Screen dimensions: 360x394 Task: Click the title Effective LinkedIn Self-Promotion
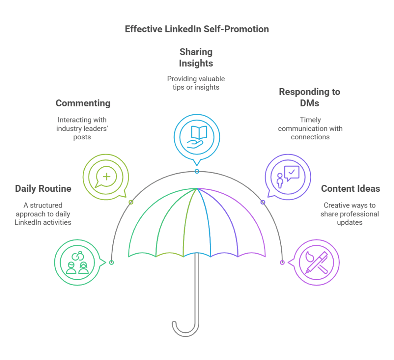[x=197, y=29]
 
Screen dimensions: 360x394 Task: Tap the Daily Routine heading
[x=43, y=189]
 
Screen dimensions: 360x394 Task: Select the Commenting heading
[x=83, y=103]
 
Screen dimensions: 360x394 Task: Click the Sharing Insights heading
[x=196, y=57]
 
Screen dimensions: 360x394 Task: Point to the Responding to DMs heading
[x=310, y=97]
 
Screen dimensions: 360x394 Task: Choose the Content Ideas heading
[x=351, y=189]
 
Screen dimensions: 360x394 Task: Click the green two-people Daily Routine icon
[x=77, y=262]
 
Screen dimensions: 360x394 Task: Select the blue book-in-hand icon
[x=197, y=137]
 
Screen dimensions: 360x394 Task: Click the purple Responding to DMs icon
[x=288, y=176]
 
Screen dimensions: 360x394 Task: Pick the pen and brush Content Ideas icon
[x=316, y=262]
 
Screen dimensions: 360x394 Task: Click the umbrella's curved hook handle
[x=185, y=327]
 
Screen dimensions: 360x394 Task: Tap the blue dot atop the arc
[x=197, y=171]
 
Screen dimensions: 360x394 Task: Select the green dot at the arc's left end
[x=112, y=262]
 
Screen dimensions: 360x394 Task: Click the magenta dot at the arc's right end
[x=282, y=262]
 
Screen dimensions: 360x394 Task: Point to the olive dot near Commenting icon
[x=131, y=202]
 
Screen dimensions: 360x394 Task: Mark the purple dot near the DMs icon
[x=263, y=202]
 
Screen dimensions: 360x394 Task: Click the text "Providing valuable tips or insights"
[x=196, y=83]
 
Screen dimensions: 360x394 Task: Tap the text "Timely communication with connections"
[x=310, y=128]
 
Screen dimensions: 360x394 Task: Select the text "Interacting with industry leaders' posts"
[x=82, y=128]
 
